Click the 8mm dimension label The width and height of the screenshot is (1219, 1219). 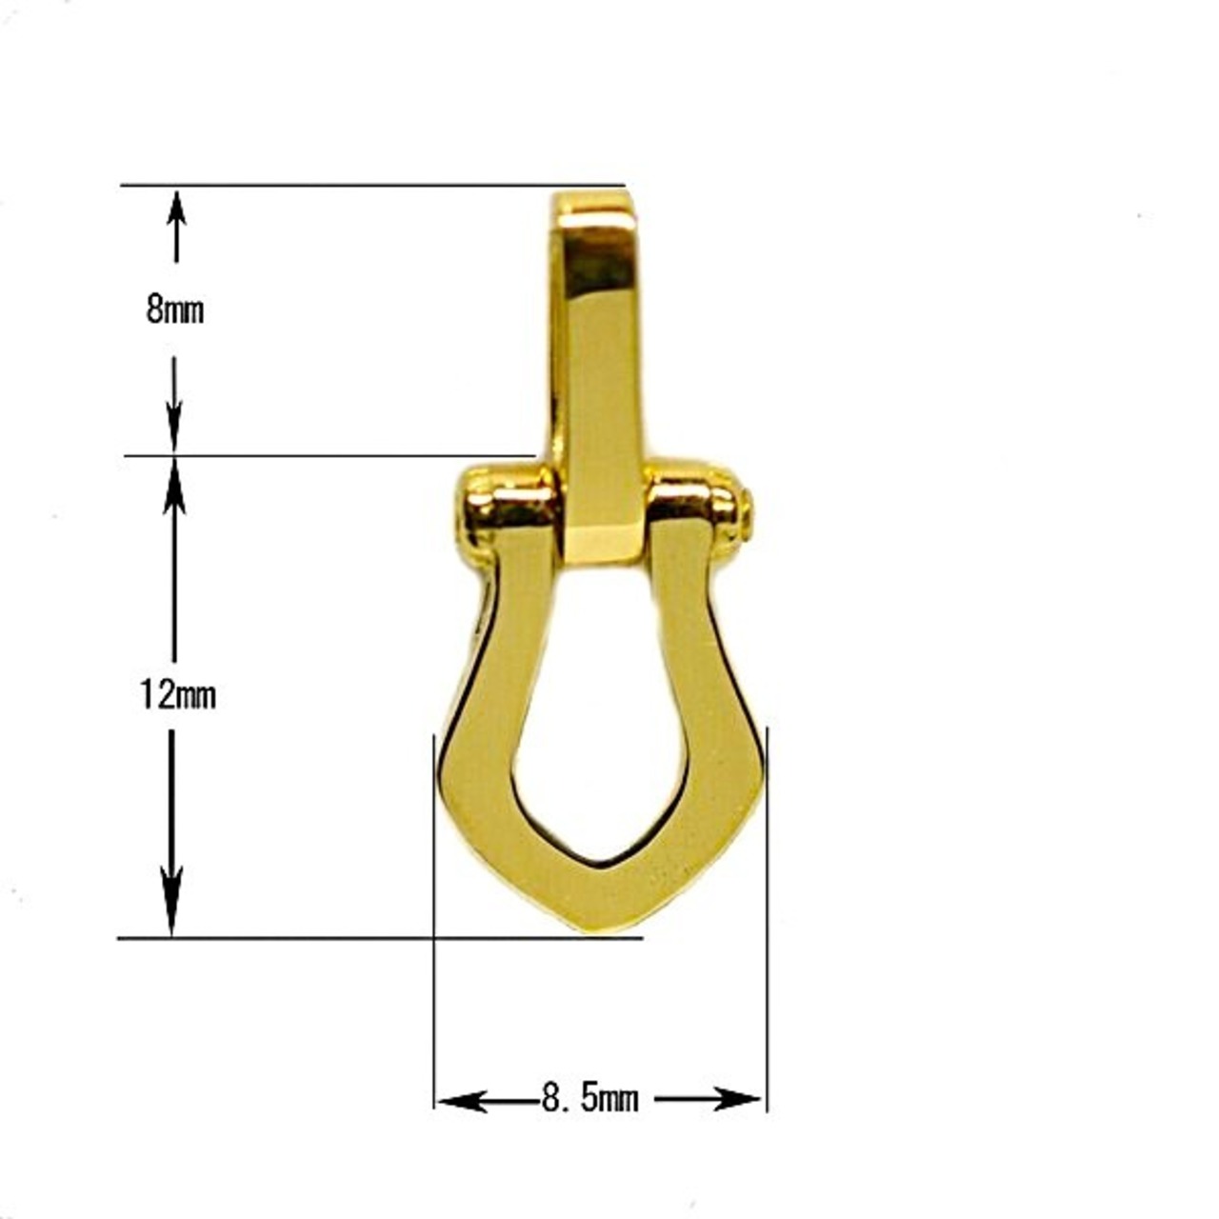[x=175, y=310]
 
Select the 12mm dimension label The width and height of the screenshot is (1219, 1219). [x=178, y=695]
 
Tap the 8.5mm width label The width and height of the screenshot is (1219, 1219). [x=590, y=1100]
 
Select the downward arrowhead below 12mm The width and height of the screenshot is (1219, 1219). [x=171, y=905]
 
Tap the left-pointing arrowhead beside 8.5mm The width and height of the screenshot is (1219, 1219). [x=463, y=1101]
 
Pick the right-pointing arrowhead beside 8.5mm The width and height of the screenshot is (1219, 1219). [x=736, y=1099]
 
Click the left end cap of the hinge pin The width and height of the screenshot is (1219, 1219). [x=471, y=513]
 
